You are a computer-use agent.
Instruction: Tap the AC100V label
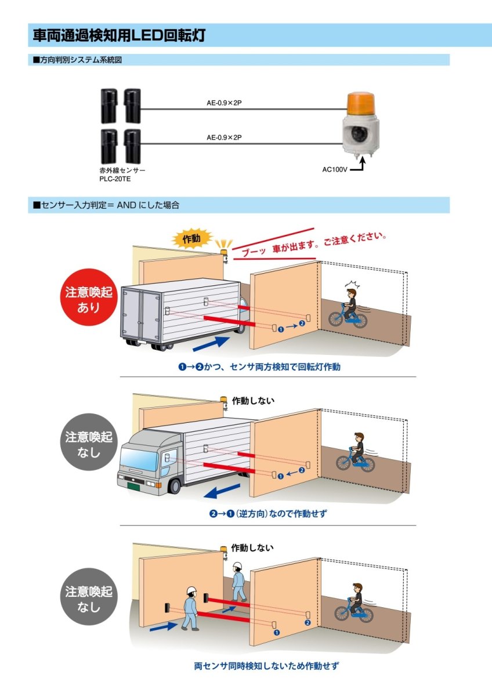(x=335, y=170)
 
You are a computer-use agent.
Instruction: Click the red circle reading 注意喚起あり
(x=89, y=296)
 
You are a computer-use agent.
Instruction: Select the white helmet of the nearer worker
(x=191, y=590)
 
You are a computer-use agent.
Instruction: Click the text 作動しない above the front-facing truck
(x=253, y=400)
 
